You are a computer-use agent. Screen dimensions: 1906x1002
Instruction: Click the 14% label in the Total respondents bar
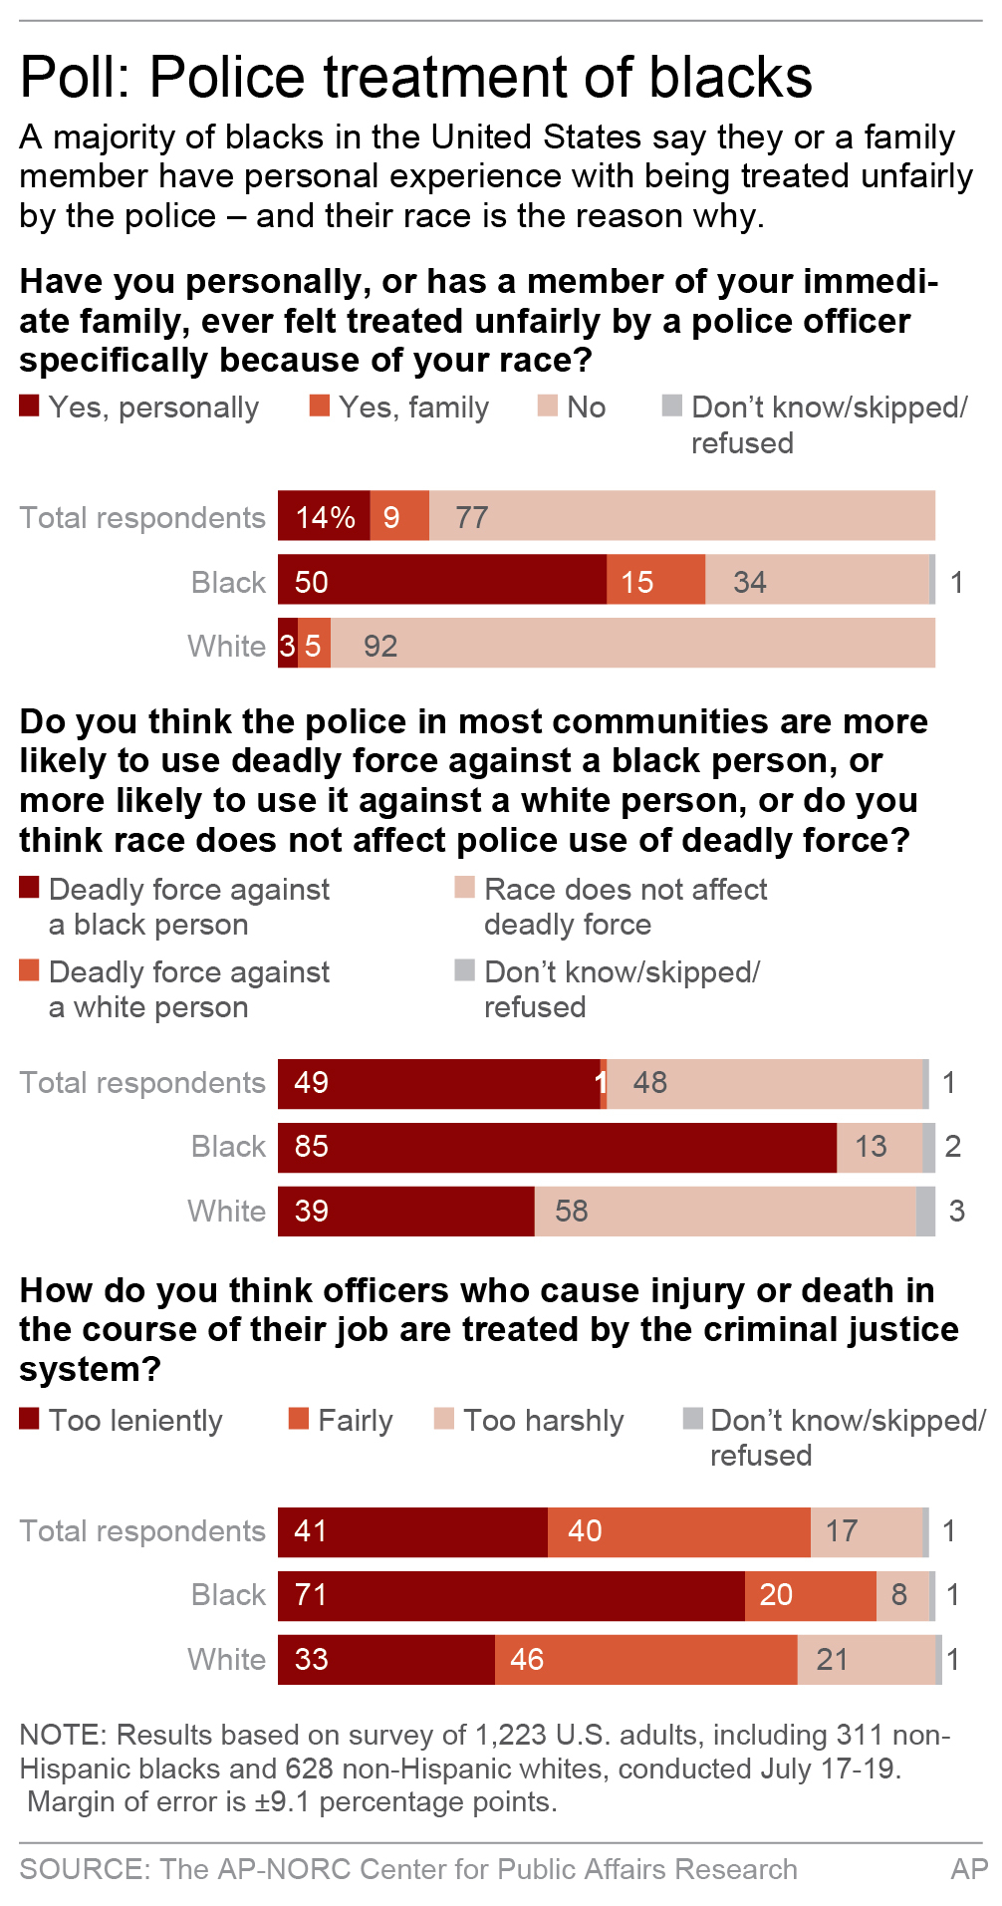(x=325, y=517)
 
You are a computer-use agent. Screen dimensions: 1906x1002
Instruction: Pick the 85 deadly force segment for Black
(x=556, y=1147)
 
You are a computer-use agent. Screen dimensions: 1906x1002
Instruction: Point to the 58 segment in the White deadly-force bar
(x=724, y=1211)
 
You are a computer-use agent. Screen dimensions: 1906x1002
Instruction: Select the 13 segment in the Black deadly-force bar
(x=878, y=1147)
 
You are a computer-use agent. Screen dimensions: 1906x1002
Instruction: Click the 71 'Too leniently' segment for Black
(x=510, y=1595)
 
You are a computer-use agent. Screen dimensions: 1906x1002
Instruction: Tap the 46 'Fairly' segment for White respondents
(x=645, y=1659)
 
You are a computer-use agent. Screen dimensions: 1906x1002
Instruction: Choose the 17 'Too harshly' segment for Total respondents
(x=866, y=1531)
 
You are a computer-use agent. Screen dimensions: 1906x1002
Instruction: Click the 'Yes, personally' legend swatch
(x=29, y=406)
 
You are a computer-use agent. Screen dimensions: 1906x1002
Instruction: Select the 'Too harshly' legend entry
(x=531, y=1420)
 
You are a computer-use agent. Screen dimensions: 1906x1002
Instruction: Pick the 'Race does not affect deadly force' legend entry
(x=611, y=906)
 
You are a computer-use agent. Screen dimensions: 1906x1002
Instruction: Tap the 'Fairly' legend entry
(x=342, y=1420)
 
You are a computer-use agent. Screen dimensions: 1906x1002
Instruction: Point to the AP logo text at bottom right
(x=968, y=1868)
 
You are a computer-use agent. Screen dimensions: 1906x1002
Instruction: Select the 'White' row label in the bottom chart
(x=226, y=1659)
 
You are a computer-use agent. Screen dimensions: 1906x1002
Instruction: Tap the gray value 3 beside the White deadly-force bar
(x=956, y=1211)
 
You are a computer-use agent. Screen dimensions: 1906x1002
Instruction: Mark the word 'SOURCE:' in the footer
(x=84, y=1868)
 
